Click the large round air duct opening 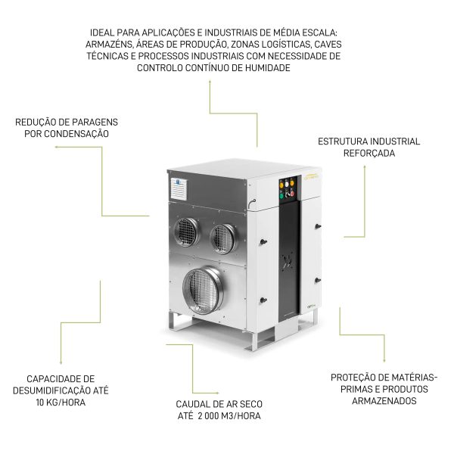click(x=204, y=291)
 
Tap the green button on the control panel click(x=281, y=196)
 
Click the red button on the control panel click(x=292, y=194)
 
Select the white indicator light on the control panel click(x=287, y=184)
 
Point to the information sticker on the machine click(x=179, y=188)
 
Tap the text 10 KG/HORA click(x=61, y=403)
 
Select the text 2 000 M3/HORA click(x=229, y=415)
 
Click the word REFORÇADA click(x=369, y=153)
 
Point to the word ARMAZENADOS click(x=384, y=401)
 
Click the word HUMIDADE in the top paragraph click(x=268, y=68)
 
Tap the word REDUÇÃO click(x=35, y=122)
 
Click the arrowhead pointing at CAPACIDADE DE click(x=61, y=362)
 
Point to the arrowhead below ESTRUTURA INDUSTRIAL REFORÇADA click(x=365, y=166)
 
